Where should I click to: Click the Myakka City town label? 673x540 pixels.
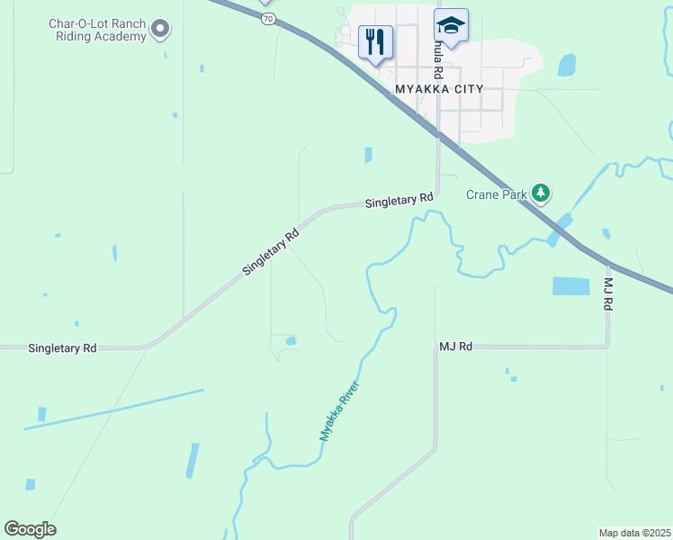(439, 89)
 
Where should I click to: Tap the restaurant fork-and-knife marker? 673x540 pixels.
(375, 41)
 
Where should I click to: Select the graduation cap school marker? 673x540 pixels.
(451, 26)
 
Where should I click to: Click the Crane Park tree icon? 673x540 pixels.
(540, 193)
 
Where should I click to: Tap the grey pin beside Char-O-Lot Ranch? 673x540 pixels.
(160, 30)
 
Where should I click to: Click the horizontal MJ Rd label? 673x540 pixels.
(455, 346)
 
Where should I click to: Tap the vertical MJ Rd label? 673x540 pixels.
(607, 294)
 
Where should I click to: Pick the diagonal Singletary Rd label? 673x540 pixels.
(270, 252)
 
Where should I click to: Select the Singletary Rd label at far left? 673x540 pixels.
(62, 347)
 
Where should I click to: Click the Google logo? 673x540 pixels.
(30, 529)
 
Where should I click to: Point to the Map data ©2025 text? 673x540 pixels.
(635, 533)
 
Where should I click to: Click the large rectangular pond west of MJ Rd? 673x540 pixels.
(570, 286)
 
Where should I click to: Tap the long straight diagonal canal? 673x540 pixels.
(114, 409)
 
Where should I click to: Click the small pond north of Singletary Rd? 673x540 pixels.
(368, 155)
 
